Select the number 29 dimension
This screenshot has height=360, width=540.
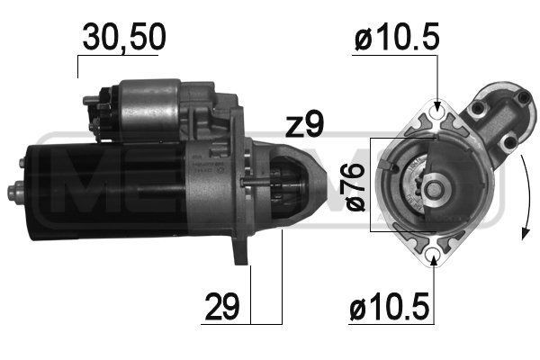[224, 308]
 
